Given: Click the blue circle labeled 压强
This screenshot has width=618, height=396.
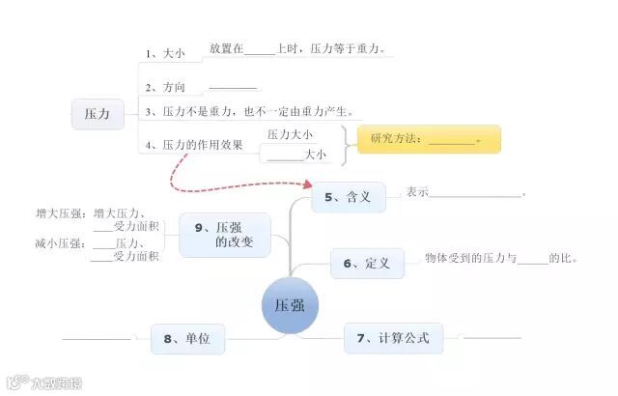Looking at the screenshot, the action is tap(290, 306).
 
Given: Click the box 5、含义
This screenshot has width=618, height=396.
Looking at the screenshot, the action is tap(348, 198).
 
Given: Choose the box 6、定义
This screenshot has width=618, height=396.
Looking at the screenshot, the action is tap(366, 263).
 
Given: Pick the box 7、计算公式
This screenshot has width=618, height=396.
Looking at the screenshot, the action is tap(392, 338).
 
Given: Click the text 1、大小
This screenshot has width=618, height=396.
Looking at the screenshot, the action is tap(164, 54).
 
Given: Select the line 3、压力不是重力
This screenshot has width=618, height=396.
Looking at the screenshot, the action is tap(248, 111).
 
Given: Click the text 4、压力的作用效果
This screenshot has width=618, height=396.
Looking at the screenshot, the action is tap(193, 145).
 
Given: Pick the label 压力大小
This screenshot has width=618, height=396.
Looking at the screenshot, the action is tap(290, 134).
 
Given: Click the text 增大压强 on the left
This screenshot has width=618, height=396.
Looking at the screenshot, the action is tap(59, 213).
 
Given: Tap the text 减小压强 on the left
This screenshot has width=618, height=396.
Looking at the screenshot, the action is tap(59, 243).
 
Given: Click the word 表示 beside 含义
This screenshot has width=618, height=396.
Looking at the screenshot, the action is tap(417, 191).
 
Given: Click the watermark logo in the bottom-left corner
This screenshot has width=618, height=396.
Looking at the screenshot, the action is tap(43, 382).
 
